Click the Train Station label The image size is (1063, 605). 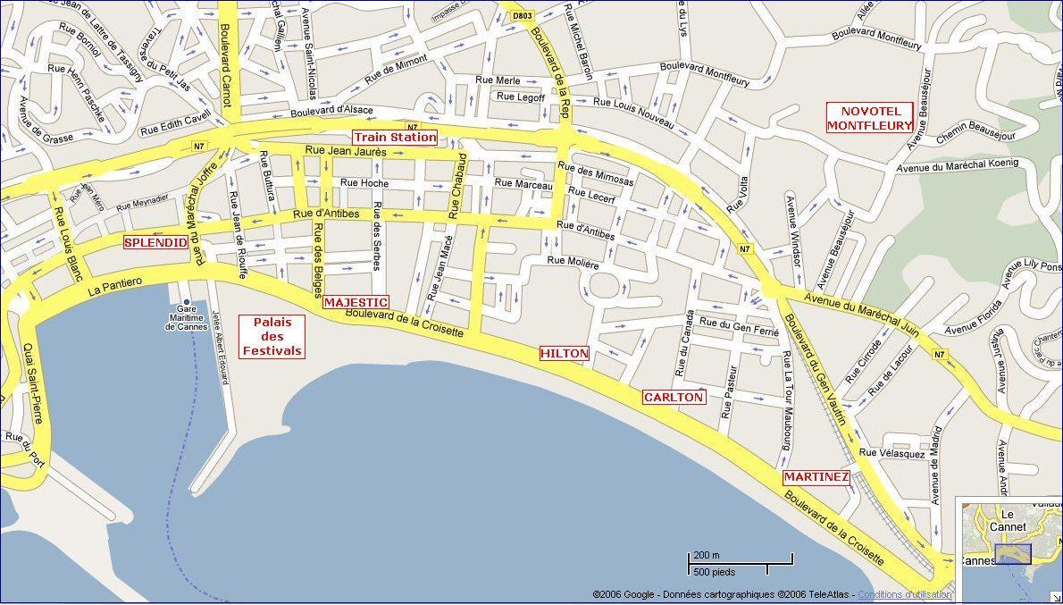click(x=395, y=137)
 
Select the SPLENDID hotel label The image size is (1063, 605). click(x=155, y=242)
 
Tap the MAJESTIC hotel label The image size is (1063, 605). click(x=356, y=302)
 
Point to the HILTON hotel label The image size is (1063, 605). click(x=565, y=353)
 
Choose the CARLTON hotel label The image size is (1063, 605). click(x=674, y=397)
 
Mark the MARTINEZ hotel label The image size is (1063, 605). click(x=816, y=477)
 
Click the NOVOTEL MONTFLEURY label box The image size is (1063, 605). click(x=870, y=118)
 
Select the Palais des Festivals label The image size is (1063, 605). click(x=272, y=336)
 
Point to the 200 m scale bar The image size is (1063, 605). click(x=740, y=560)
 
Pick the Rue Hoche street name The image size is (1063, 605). click(x=364, y=182)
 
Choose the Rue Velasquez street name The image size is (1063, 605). click(x=891, y=453)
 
